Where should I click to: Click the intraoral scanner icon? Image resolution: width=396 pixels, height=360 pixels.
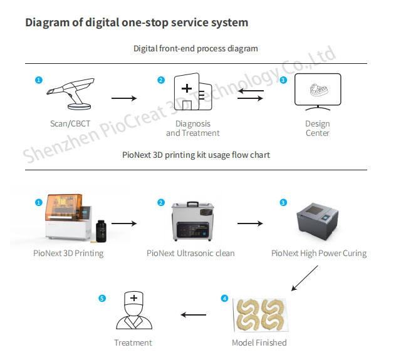click(72, 93)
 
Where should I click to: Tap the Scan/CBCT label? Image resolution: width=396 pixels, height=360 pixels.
click(70, 123)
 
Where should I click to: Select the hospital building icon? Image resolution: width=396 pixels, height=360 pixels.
click(193, 91)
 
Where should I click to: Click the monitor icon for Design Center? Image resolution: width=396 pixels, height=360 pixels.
click(318, 92)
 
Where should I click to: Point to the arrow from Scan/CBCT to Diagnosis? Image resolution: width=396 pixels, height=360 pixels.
click(124, 98)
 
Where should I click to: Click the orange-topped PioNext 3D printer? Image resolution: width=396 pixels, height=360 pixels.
click(68, 217)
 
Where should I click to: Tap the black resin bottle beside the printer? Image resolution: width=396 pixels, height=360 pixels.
click(102, 231)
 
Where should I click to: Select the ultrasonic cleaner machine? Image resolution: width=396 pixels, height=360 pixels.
click(193, 221)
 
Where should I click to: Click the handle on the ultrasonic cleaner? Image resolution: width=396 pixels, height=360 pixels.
click(193, 204)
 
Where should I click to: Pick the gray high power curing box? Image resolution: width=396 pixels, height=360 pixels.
click(317, 221)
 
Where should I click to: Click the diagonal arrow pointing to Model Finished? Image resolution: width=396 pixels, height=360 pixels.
click(305, 278)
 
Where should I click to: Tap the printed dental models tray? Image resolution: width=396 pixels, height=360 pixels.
click(261, 315)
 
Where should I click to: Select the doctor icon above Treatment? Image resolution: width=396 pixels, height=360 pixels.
click(134, 311)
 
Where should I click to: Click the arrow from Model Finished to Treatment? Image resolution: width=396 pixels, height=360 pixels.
click(194, 314)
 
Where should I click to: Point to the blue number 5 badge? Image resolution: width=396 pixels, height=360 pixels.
click(102, 299)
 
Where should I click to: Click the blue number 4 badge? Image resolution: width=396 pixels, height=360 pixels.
click(224, 299)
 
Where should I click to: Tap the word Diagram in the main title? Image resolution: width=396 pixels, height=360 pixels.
click(47, 23)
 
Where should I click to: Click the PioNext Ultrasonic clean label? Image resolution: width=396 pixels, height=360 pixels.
click(190, 254)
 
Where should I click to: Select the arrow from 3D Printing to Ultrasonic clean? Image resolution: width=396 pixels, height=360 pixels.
click(124, 224)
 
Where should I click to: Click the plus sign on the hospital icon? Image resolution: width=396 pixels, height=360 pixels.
click(187, 88)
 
